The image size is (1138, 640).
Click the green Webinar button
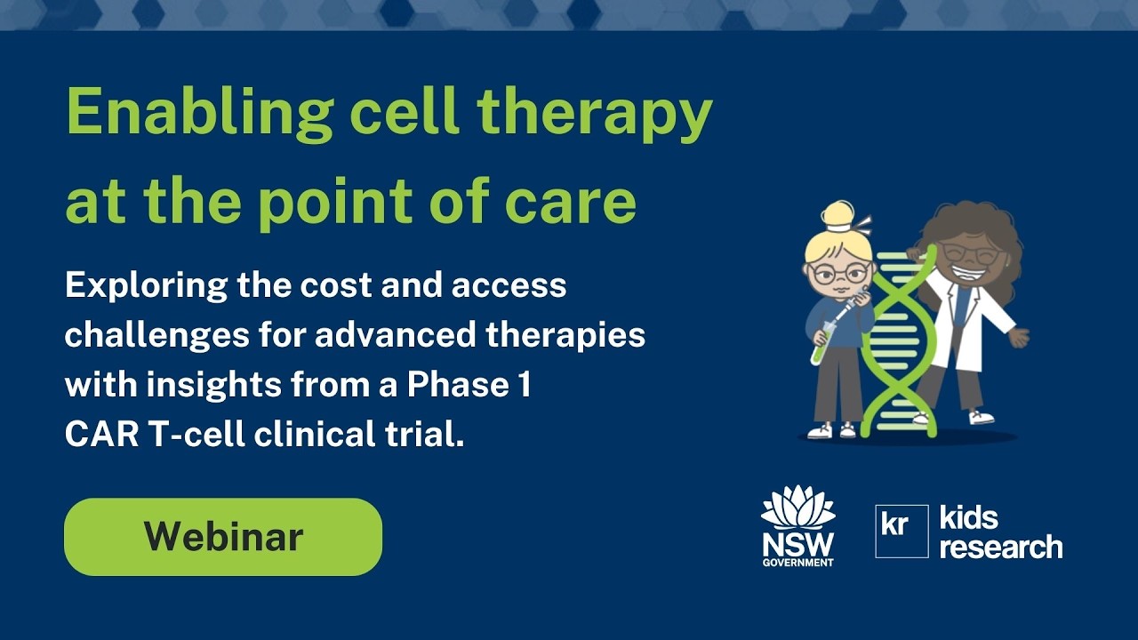pos(223,537)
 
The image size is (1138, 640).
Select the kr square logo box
pos(902,531)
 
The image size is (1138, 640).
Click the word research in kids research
pos(1001,547)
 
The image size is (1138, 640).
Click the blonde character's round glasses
pos(838,273)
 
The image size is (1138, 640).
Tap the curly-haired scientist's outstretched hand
pos(1020,337)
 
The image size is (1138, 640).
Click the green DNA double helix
pos(898,347)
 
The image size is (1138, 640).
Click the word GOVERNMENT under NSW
pos(797,563)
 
